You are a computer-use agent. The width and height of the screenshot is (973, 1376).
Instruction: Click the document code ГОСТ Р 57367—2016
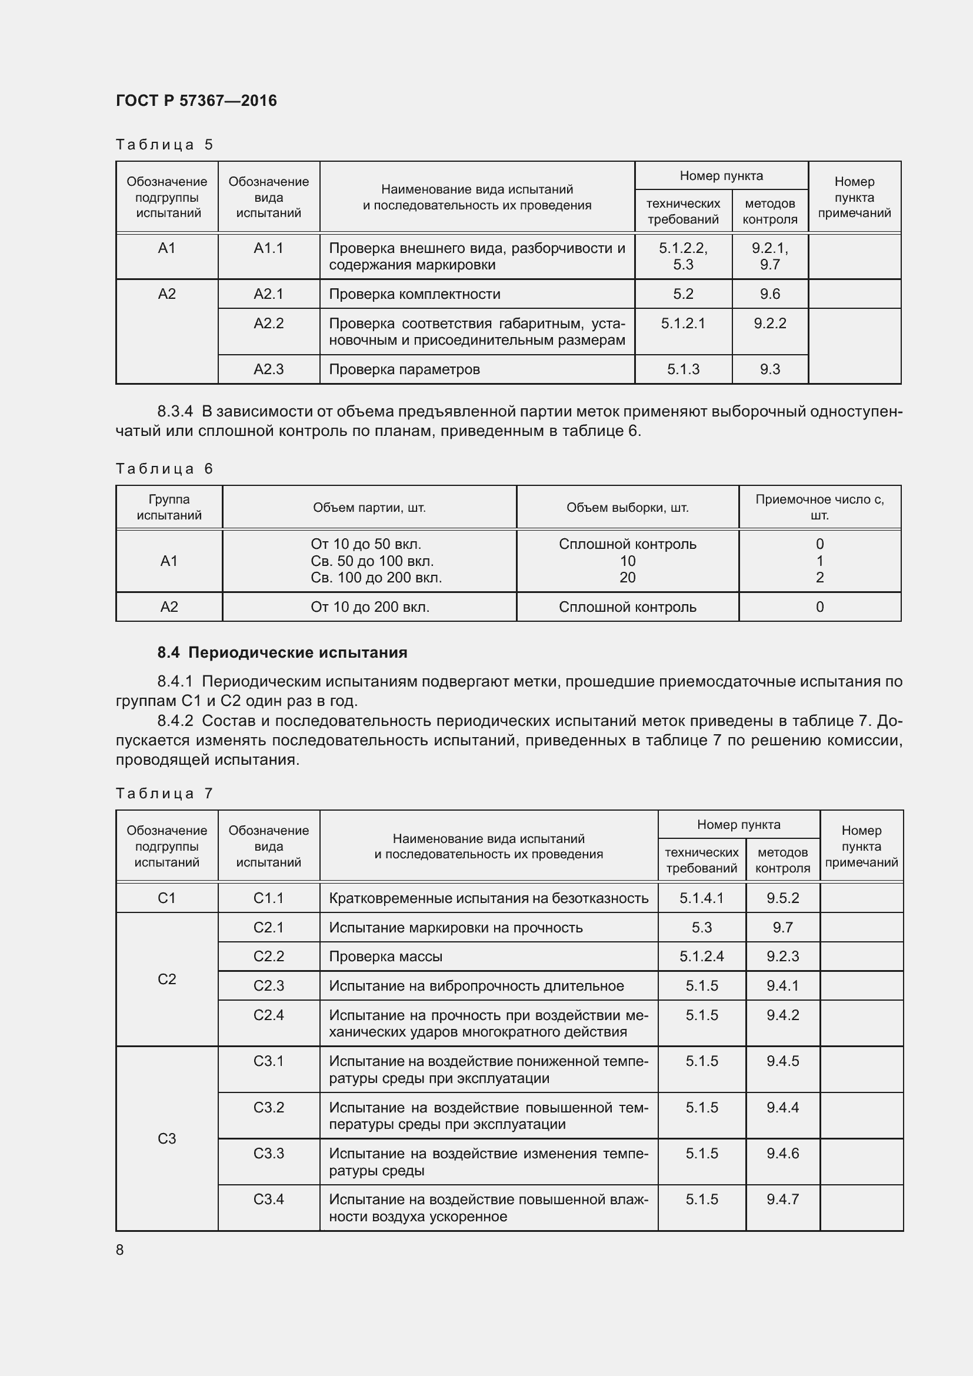pyautogui.click(x=196, y=101)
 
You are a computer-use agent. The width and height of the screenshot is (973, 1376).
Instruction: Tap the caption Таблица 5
pyautogui.click(x=164, y=145)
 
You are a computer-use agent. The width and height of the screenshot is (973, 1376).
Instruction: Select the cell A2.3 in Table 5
pyautogui.click(x=268, y=369)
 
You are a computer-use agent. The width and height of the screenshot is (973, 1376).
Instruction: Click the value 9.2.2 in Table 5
pyautogui.click(x=770, y=324)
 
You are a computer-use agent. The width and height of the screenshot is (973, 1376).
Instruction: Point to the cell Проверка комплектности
pyautogui.click(x=415, y=294)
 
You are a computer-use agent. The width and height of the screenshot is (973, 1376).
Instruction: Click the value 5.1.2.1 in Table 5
pyautogui.click(x=683, y=324)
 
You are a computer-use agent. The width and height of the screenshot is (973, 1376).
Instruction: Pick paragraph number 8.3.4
pyautogui.click(x=175, y=411)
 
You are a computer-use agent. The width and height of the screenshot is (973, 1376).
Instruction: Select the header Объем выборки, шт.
pyautogui.click(x=627, y=508)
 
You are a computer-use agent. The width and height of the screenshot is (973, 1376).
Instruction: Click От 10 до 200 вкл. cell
pyautogui.click(x=369, y=607)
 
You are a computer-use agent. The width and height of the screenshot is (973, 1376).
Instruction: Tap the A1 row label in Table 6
pyautogui.click(x=169, y=561)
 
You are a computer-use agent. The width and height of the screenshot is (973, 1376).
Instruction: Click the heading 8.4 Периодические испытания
pyautogui.click(x=282, y=652)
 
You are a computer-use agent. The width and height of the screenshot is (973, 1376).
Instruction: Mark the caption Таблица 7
pyautogui.click(x=164, y=794)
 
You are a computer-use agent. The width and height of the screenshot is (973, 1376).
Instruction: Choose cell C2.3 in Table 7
pyautogui.click(x=268, y=986)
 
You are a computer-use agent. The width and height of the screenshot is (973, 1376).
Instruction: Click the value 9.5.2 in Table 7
pyautogui.click(x=782, y=898)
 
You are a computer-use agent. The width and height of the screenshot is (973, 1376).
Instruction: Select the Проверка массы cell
pyautogui.click(x=385, y=957)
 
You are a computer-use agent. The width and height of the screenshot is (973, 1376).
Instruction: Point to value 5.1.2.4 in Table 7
pyautogui.click(x=702, y=957)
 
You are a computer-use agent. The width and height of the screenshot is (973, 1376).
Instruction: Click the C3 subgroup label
pyautogui.click(x=166, y=1138)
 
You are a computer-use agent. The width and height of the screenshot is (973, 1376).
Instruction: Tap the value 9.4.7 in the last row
pyautogui.click(x=782, y=1199)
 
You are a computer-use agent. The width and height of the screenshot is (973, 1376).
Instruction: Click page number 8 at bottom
pyautogui.click(x=120, y=1250)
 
